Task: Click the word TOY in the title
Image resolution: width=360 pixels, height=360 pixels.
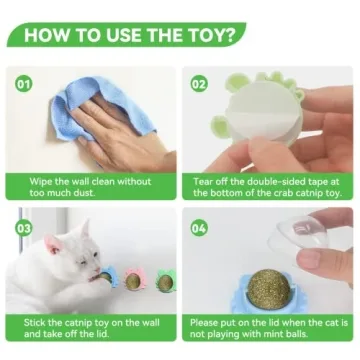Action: pos(211,36)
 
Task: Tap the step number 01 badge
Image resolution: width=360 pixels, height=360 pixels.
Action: pos(25,83)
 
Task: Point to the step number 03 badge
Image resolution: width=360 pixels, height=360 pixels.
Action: pos(25,228)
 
